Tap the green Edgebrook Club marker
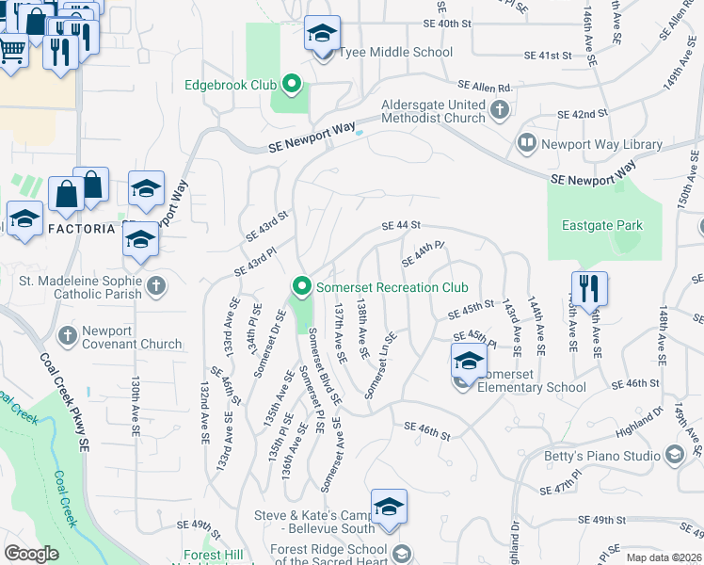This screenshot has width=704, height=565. (x=292, y=86)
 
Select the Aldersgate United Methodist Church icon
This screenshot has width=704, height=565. (x=499, y=111)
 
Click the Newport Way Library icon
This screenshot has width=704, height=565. (x=526, y=144)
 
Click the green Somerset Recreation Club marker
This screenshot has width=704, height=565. (x=302, y=285)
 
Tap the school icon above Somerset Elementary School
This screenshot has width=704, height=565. (x=469, y=361)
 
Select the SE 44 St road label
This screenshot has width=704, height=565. (x=400, y=226)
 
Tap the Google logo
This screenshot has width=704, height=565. (x=32, y=554)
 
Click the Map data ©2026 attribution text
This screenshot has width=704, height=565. (x=663, y=557)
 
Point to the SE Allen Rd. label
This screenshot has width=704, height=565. (x=485, y=85)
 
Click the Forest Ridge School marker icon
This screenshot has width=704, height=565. (x=403, y=553)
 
